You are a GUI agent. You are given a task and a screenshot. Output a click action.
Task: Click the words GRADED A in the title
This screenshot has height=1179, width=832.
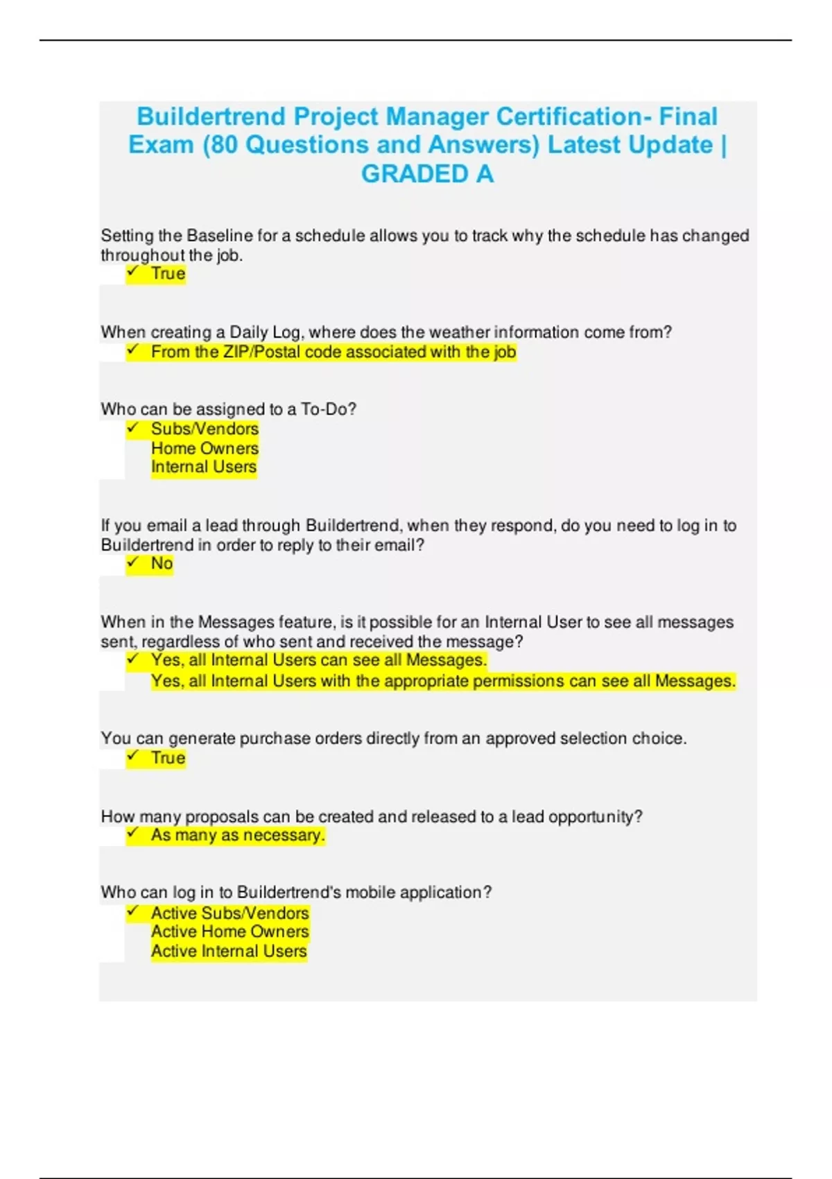(x=427, y=174)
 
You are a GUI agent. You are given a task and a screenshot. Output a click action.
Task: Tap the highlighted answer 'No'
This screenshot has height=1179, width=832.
(x=162, y=563)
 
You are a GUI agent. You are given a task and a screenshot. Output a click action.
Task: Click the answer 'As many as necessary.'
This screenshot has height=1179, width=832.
(x=238, y=835)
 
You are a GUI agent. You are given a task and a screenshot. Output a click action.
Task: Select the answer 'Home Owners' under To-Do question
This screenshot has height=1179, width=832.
(x=205, y=448)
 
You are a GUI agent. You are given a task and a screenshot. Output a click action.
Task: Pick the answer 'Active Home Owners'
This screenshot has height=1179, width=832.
(x=229, y=931)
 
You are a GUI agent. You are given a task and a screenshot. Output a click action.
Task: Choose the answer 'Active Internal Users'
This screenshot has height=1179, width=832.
(x=229, y=951)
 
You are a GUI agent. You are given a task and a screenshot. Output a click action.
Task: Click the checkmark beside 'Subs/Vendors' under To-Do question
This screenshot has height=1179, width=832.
(x=133, y=429)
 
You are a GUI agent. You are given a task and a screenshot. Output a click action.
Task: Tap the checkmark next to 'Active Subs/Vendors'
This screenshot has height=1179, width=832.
(x=133, y=912)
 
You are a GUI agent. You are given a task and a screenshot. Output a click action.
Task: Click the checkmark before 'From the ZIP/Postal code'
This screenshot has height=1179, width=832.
(x=133, y=351)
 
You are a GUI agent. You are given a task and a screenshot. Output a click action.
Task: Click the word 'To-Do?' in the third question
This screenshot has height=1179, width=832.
(x=329, y=409)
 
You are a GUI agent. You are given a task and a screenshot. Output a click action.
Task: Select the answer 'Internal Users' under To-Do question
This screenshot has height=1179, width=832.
(x=204, y=467)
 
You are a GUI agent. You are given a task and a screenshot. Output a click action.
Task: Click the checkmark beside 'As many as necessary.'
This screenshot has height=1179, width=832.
(x=133, y=834)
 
